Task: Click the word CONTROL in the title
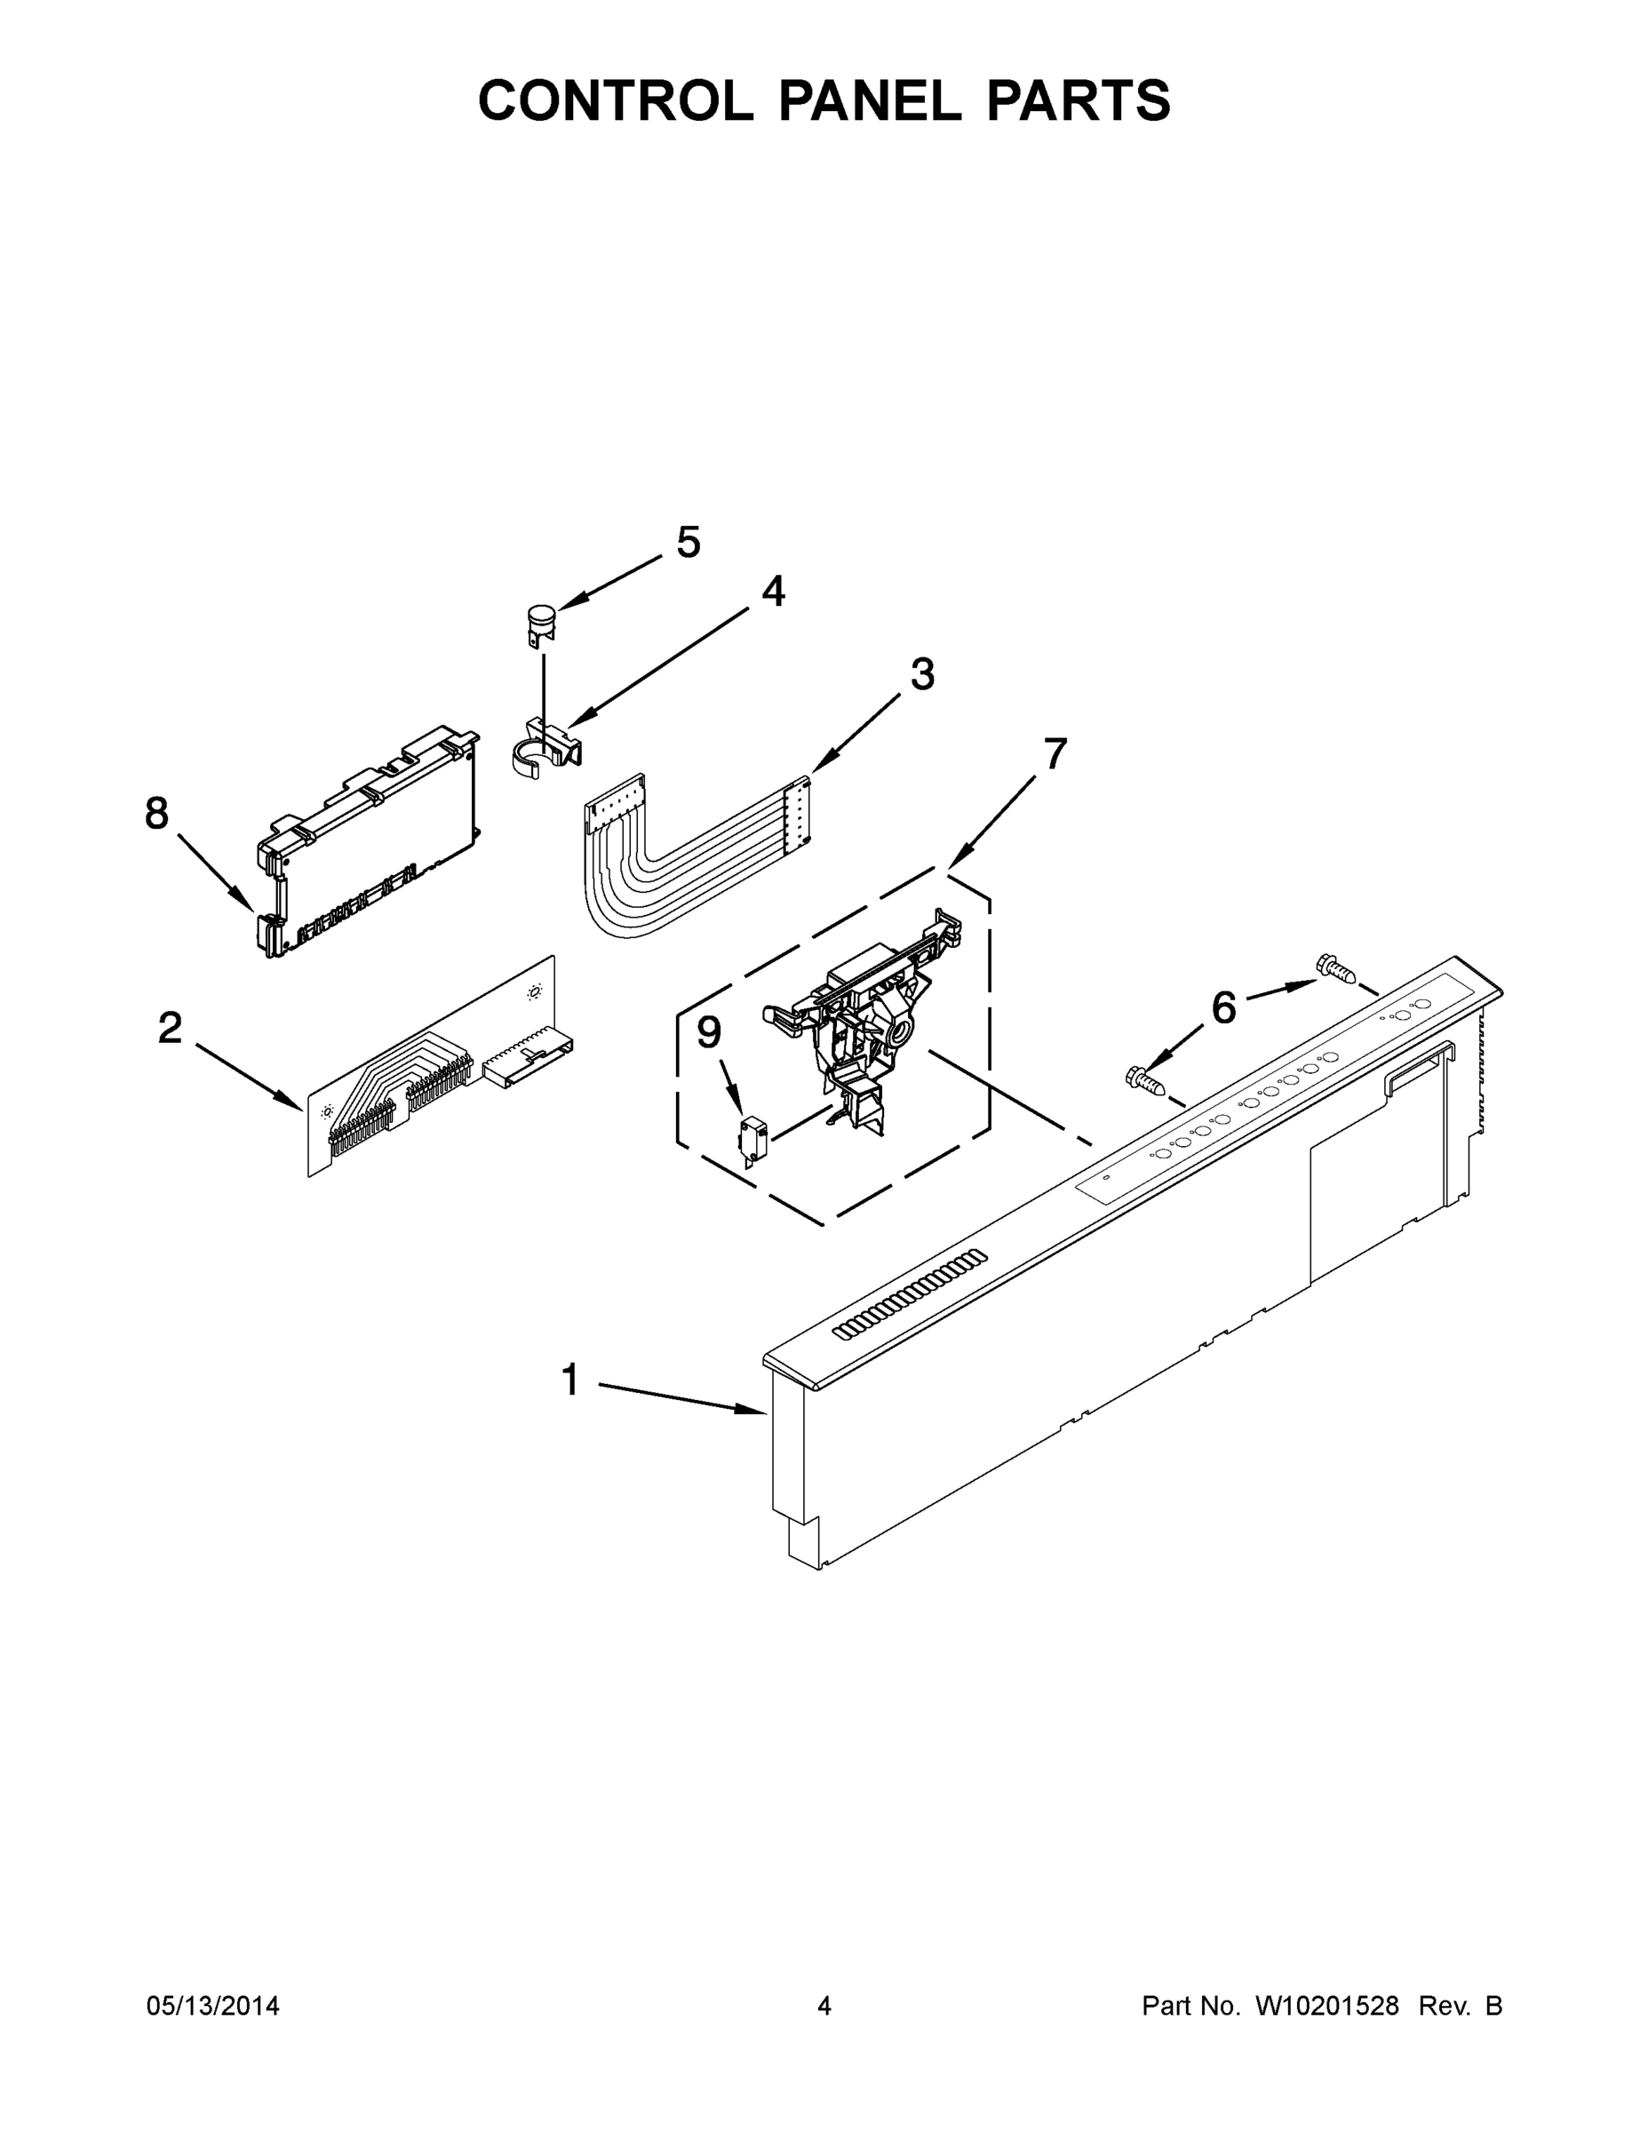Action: (x=615, y=100)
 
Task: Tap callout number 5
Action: (x=689, y=542)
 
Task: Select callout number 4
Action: (x=772, y=591)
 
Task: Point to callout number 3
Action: (x=921, y=673)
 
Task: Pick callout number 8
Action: (x=156, y=813)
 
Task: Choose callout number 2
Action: (x=170, y=1028)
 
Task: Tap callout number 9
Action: (x=709, y=1033)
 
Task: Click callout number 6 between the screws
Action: (x=1223, y=1007)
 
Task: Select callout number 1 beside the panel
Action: (x=571, y=1380)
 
